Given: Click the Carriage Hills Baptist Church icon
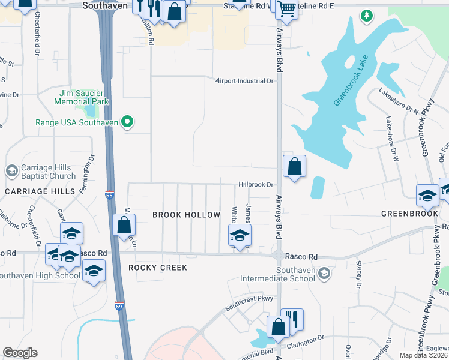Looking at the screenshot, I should [11, 172].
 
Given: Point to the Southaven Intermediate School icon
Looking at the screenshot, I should [324, 274].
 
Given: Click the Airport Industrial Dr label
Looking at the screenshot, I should [245, 80].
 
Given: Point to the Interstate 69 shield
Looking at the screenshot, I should [120, 306].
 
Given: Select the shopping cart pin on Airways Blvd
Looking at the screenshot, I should [287, 9].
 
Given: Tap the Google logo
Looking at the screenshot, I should [20, 353].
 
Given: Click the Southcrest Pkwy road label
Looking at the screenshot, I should [249, 302].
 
